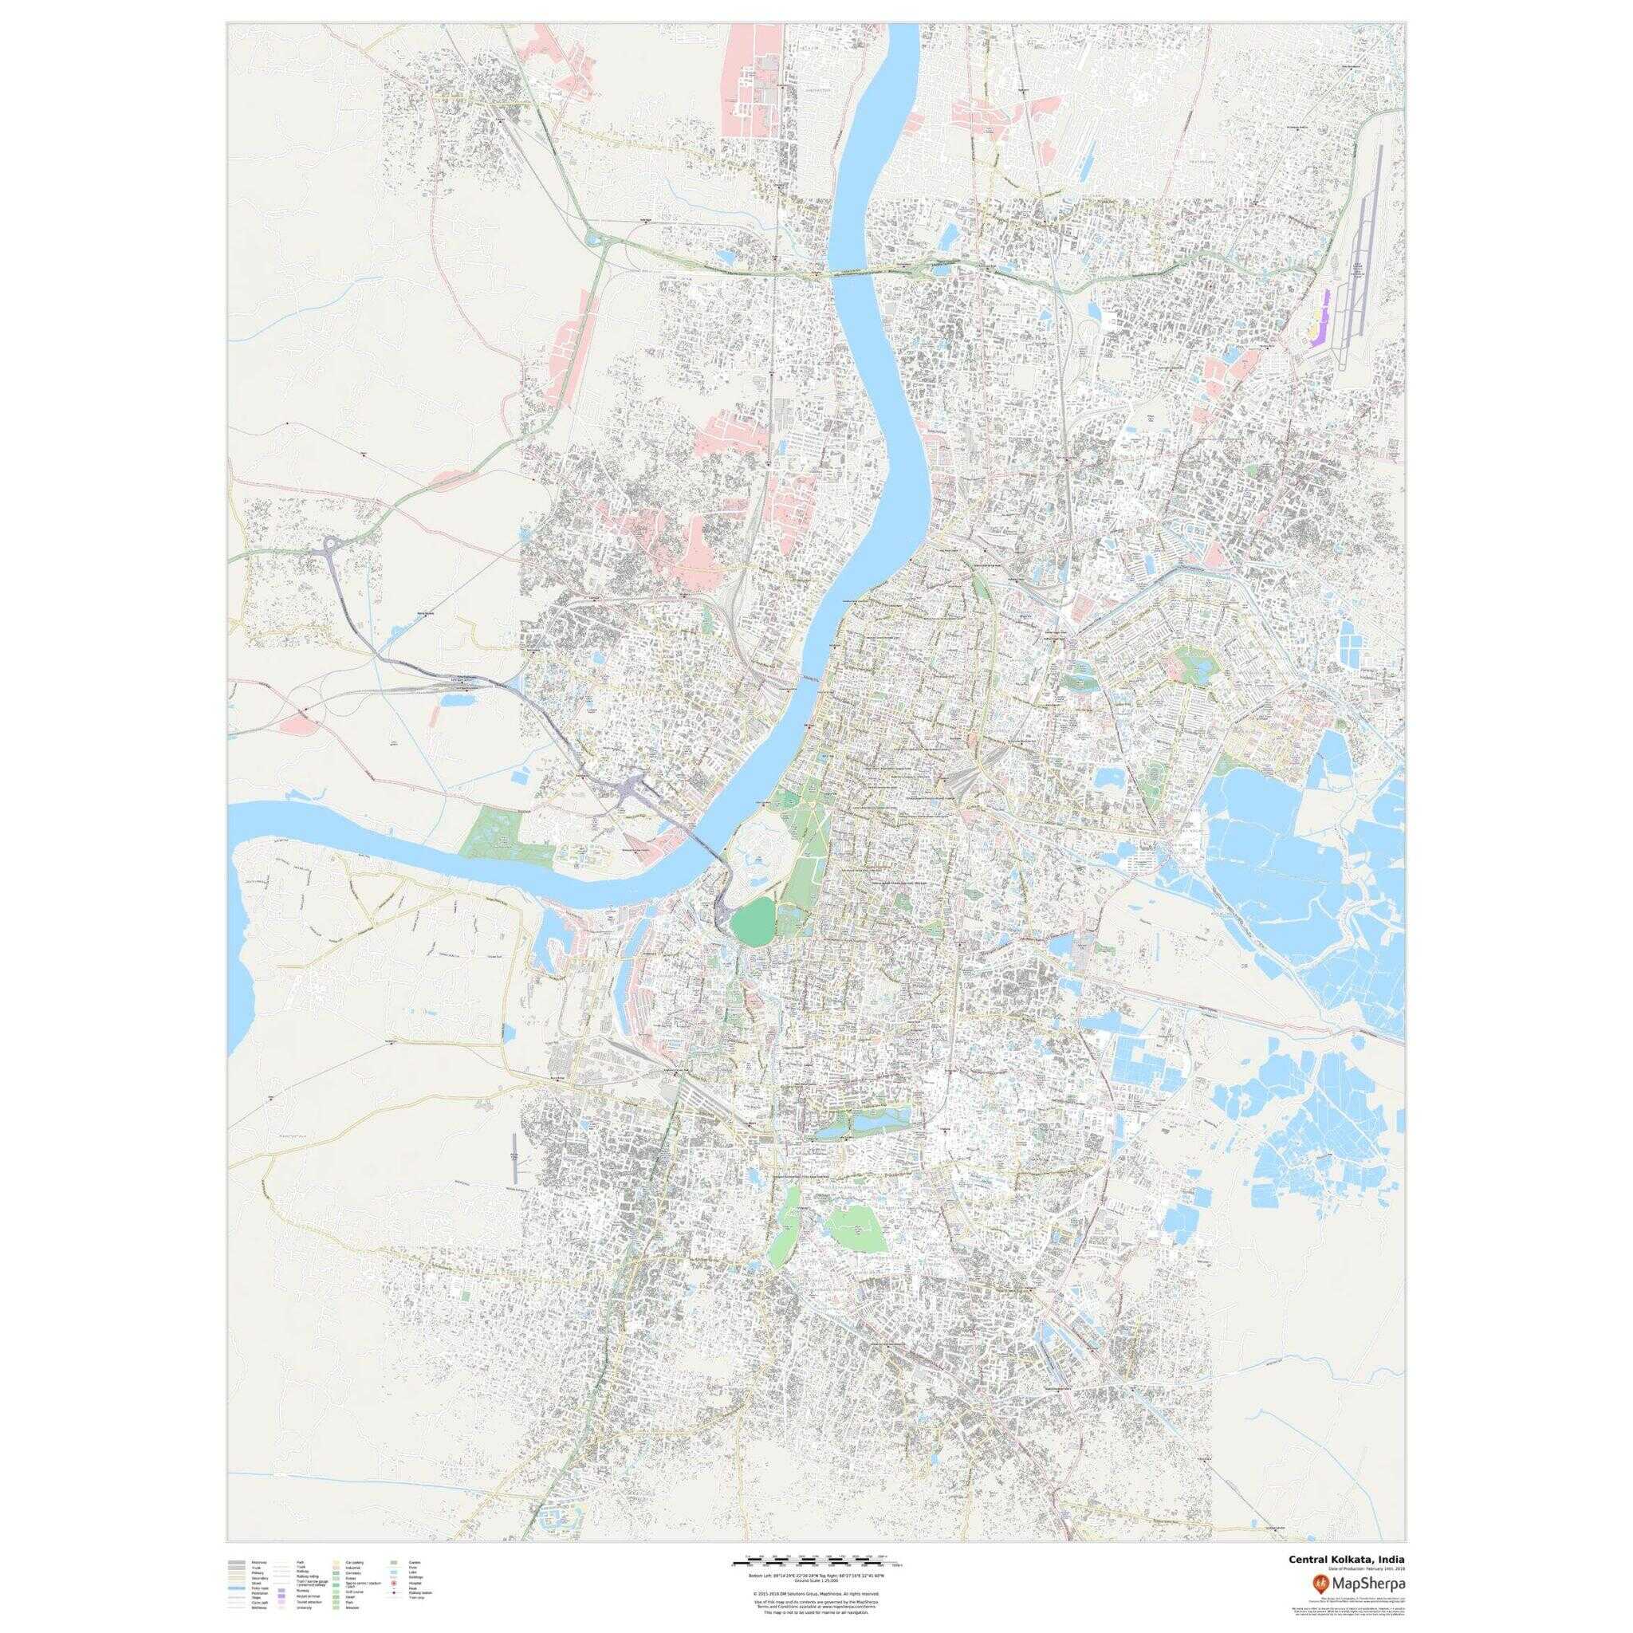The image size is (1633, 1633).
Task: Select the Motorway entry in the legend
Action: point(258,1563)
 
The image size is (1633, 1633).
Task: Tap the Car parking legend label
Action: point(355,1563)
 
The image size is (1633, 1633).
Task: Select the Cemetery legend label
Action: point(353,1574)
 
